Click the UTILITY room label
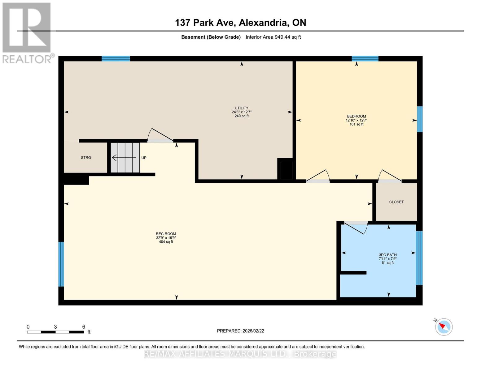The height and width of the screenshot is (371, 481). (x=241, y=108)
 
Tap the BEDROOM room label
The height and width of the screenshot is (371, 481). (x=356, y=117)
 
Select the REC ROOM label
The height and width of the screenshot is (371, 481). (x=166, y=234)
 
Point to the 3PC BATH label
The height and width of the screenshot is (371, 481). (x=387, y=255)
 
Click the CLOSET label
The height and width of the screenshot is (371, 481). (x=396, y=202)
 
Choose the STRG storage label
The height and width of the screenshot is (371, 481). (x=86, y=158)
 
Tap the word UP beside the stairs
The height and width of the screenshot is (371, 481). (x=144, y=158)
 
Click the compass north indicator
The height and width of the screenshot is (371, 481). (x=444, y=326)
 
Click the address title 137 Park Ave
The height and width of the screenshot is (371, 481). (x=240, y=23)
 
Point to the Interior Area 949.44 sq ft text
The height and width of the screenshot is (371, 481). (x=273, y=37)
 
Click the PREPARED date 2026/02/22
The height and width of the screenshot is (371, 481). (x=240, y=331)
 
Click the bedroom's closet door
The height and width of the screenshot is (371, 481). (x=390, y=177)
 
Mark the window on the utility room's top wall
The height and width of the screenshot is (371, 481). (x=116, y=59)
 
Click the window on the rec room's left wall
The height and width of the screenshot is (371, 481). (x=61, y=264)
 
